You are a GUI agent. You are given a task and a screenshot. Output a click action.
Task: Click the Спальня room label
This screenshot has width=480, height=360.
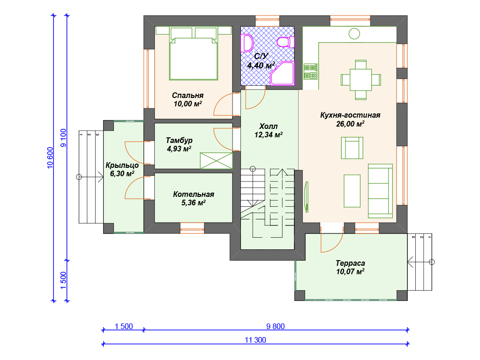click(x=187, y=96)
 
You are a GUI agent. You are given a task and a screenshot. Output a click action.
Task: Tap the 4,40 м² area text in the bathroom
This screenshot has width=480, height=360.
click(x=261, y=65)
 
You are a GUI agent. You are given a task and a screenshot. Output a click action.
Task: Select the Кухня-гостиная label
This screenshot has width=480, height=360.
click(x=350, y=115)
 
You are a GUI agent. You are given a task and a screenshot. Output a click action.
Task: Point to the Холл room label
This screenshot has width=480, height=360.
click(x=269, y=126)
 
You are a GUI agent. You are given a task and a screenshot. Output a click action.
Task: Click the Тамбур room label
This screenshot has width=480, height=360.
click(x=179, y=140)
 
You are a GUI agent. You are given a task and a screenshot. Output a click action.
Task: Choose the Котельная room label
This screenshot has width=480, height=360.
click(x=194, y=194)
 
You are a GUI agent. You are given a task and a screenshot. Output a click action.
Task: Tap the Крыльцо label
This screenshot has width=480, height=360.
click(x=122, y=165)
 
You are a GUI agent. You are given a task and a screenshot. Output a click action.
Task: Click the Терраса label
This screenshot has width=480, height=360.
click(x=350, y=263)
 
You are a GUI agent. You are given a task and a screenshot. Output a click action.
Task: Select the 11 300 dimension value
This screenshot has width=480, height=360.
click(x=255, y=340)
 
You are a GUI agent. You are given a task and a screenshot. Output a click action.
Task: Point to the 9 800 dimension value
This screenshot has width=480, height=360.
click(x=276, y=326)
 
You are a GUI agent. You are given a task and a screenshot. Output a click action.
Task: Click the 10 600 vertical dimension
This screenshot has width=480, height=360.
click(x=50, y=157)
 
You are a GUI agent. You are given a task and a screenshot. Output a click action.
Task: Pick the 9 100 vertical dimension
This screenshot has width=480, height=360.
click(x=63, y=138)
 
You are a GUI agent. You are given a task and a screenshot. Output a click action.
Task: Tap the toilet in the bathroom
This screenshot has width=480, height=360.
click(x=285, y=42)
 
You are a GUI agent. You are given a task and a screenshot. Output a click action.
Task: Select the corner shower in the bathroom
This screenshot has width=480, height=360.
click(x=282, y=73)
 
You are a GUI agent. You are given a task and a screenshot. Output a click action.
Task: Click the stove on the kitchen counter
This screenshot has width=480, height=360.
click(x=310, y=72)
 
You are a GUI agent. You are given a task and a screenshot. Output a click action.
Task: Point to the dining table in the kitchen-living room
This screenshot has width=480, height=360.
click(x=361, y=80)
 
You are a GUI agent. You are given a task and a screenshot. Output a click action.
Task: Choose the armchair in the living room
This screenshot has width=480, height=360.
click(x=352, y=148)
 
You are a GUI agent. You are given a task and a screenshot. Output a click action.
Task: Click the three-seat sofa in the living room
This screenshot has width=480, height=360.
click(x=381, y=191)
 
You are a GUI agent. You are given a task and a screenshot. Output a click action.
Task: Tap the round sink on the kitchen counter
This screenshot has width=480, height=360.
click(x=354, y=34)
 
